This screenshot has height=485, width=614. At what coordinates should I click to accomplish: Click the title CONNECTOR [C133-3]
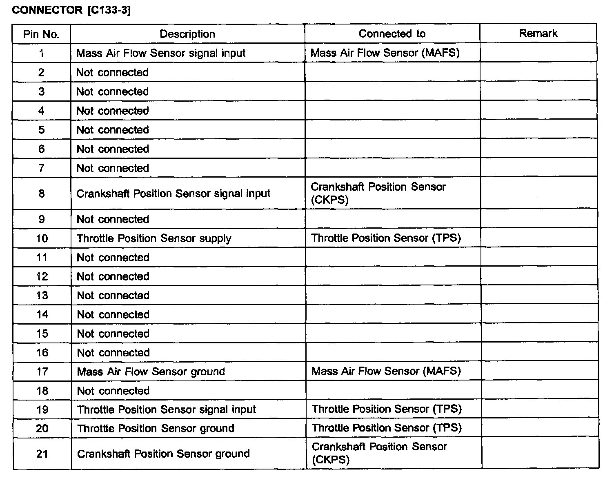coord(71,11)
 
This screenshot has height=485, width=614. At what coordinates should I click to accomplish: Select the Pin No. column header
coord(41,34)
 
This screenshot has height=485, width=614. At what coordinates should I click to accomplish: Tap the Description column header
coord(187,34)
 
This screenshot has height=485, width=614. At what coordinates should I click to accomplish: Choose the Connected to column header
coord(392,33)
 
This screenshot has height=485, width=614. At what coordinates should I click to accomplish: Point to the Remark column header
coord(538,33)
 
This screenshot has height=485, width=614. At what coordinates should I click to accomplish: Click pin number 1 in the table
coord(41,53)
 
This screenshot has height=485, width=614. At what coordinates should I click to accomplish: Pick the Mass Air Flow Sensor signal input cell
coord(161,53)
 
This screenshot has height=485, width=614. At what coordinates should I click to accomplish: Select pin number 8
coord(42,194)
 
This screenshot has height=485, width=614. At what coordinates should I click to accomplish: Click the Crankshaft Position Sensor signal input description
coord(173,194)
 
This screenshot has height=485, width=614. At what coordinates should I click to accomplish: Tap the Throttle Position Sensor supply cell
coord(154,238)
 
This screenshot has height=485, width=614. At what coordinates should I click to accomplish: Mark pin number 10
coord(42,238)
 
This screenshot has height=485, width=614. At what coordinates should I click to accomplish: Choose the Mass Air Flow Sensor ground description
coord(151,372)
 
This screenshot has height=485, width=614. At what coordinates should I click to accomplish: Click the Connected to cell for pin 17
coord(386,371)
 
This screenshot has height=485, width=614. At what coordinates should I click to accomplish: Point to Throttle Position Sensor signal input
coord(166,409)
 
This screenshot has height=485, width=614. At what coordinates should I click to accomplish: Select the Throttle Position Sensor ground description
coord(156,428)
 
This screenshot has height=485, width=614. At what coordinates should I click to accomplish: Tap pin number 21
coord(42,454)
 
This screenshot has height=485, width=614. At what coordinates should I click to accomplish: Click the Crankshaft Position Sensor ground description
coord(163,454)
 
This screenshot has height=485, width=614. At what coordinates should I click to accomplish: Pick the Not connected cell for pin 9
coord(113,219)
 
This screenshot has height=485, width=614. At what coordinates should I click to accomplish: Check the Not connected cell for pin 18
coord(113,391)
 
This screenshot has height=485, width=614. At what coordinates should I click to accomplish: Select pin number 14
coord(42,314)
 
